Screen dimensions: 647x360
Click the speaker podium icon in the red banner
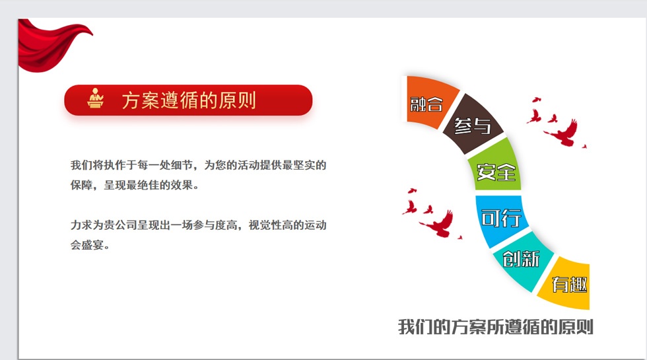pos(95,98)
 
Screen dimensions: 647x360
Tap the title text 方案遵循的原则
pos(189,100)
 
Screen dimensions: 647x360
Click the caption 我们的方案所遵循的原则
pos(496,327)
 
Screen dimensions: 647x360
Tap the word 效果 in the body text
pos(182,185)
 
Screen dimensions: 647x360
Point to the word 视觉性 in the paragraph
pos(265,225)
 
